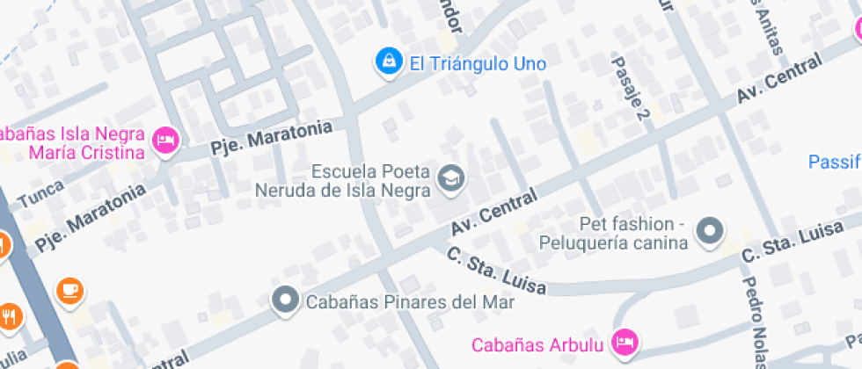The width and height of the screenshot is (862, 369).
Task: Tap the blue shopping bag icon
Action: (386, 62)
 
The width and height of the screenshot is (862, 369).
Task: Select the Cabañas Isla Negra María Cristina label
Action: (72, 144)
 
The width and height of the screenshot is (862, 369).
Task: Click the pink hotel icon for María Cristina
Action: (165, 140)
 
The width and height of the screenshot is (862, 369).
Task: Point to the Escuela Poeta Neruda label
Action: (344, 179)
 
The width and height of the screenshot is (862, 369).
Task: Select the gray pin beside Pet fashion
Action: (710, 232)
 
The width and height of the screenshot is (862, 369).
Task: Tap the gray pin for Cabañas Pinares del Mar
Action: (285, 300)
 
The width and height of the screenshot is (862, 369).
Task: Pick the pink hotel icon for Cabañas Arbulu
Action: (625, 342)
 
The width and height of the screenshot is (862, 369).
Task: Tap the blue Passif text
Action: (834, 162)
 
